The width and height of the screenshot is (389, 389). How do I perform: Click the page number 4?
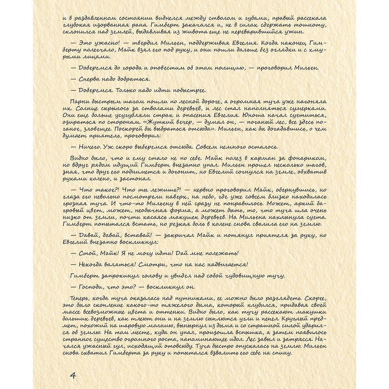pos(73,375)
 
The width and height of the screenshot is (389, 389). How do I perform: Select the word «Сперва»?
pos(90,79)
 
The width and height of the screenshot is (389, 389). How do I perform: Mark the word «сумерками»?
pos(308,108)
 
